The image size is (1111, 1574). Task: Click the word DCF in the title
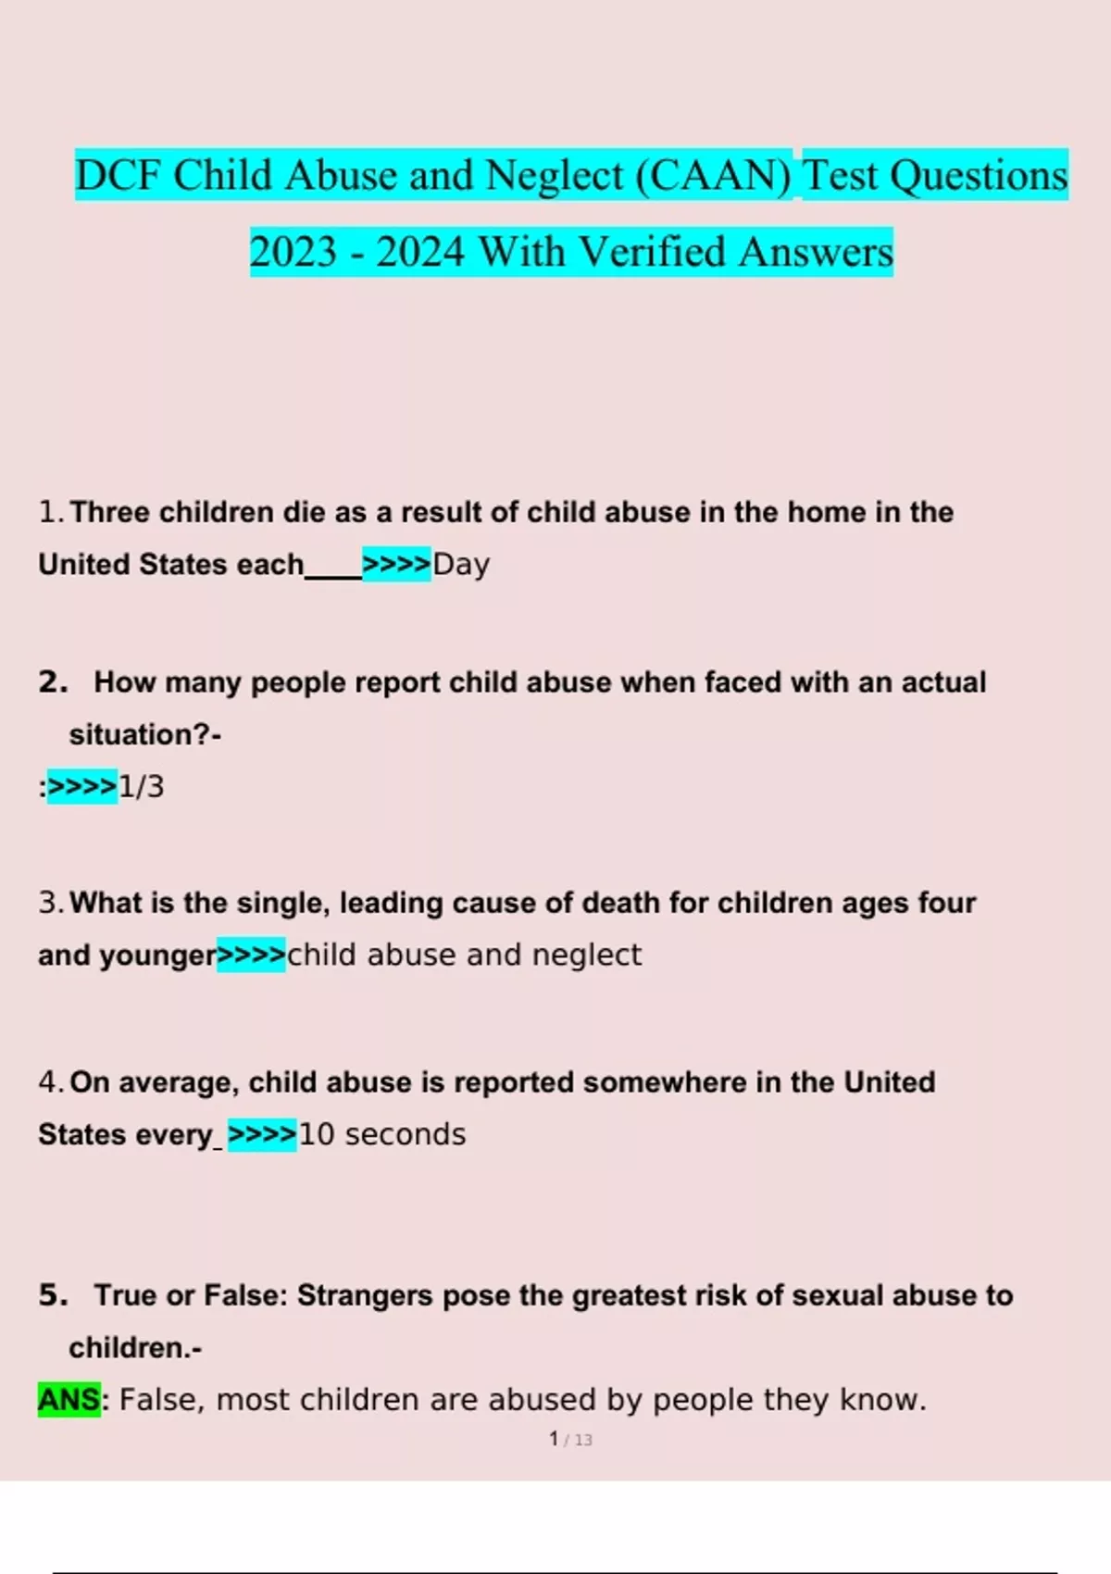click(117, 176)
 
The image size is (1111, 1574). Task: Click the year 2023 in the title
click(293, 252)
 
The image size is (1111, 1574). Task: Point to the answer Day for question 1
click(461, 564)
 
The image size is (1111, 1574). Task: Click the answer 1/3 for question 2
click(142, 787)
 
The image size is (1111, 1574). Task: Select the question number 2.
click(53, 682)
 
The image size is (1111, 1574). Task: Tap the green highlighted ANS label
click(68, 1399)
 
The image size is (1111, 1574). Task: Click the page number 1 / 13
click(570, 1440)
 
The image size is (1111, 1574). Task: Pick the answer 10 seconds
click(382, 1134)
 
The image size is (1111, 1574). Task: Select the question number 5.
click(53, 1295)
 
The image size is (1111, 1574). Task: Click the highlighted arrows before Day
click(396, 564)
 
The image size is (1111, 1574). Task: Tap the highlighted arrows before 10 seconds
click(262, 1134)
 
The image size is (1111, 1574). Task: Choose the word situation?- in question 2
click(144, 735)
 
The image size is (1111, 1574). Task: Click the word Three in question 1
click(109, 512)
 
